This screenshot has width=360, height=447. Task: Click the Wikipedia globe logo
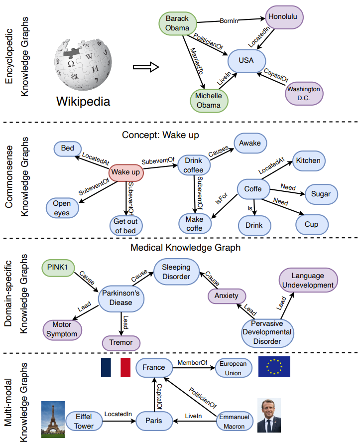pos(83,62)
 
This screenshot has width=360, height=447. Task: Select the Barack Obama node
pos(177,23)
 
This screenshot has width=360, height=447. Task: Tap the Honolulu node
pos(285,17)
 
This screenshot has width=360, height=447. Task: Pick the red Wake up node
pos(125,172)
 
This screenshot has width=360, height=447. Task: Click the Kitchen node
pos(308,161)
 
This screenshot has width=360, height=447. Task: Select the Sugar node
pos(321,193)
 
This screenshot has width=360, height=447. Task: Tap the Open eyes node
pos(62,208)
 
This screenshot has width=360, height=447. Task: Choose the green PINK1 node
pos(58,268)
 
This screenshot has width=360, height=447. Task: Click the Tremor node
pos(120,342)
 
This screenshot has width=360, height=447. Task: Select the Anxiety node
pos(226,296)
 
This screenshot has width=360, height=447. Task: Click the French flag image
pos(115,367)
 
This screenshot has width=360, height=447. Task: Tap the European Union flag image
pos(274,367)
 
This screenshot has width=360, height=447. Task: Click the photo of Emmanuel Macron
pos(269,416)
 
